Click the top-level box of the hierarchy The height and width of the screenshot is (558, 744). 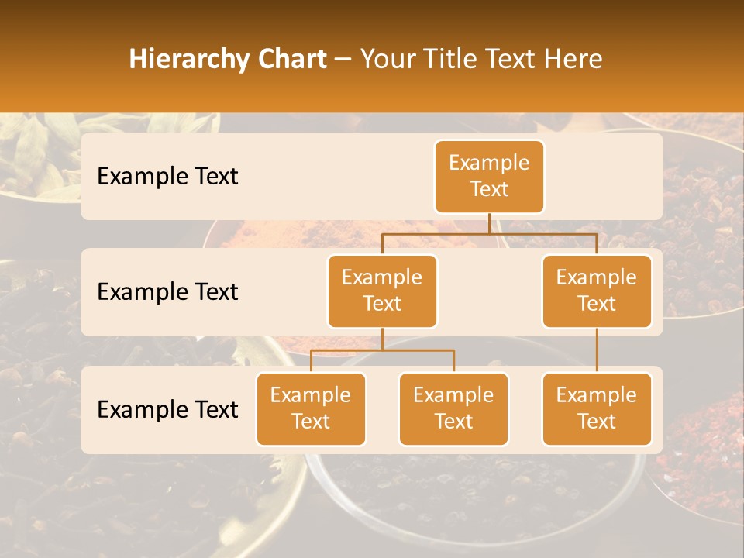[x=489, y=176]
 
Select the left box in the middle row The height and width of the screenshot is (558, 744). [x=382, y=291]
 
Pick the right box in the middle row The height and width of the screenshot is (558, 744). [x=597, y=291]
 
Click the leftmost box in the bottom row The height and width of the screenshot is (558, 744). [x=311, y=408]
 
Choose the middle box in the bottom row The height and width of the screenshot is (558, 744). [x=453, y=408]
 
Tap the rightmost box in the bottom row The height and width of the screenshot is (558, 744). [x=597, y=408]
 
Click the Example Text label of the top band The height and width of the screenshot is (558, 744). [x=167, y=176]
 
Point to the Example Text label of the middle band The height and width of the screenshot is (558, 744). [x=167, y=291]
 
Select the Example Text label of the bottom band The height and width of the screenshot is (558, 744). [x=167, y=409]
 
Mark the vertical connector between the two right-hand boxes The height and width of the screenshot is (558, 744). [x=597, y=350]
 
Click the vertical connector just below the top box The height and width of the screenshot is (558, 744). [x=489, y=223]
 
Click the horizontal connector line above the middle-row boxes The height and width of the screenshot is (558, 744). [x=489, y=233]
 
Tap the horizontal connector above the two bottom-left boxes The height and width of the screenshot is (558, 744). [x=382, y=350]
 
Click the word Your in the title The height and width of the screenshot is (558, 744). [x=387, y=59]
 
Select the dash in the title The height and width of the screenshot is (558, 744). [x=343, y=59]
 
